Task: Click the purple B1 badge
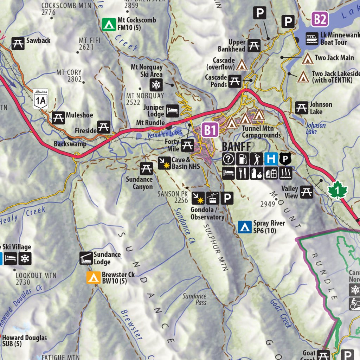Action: [x=210, y=130]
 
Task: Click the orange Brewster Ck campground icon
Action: [x=93, y=278]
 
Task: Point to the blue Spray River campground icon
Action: [x=244, y=227]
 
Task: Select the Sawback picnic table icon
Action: [x=18, y=43]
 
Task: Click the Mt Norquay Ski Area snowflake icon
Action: [x=156, y=84]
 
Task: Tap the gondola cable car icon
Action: [x=213, y=199]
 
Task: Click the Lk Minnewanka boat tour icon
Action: [x=312, y=39]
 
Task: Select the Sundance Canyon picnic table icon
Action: [x=146, y=169]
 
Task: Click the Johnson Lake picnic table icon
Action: [x=302, y=108]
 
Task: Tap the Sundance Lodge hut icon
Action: [x=86, y=258]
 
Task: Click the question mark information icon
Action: [x=229, y=159]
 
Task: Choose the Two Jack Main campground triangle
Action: [x=308, y=58]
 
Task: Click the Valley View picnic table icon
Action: [x=307, y=192]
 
